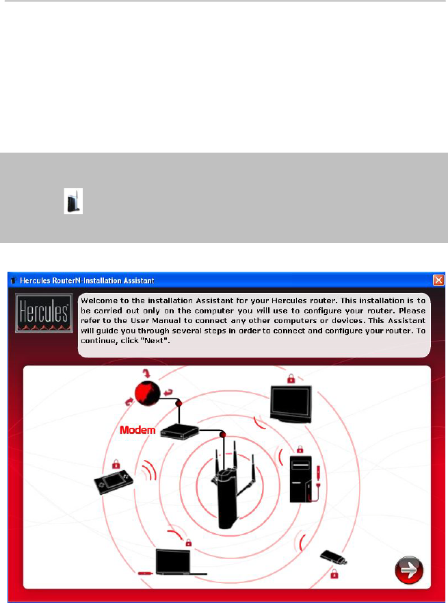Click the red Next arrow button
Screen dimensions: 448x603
click(x=409, y=569)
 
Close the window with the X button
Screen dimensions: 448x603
click(x=438, y=280)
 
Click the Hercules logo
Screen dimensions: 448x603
click(x=44, y=313)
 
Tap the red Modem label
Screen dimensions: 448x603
click(x=137, y=430)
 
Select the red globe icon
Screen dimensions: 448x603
click(x=148, y=394)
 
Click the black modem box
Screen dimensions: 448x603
click(x=179, y=432)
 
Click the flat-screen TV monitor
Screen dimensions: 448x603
click(x=291, y=404)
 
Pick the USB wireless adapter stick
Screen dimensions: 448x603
click(x=334, y=557)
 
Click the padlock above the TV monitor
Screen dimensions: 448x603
click(x=291, y=379)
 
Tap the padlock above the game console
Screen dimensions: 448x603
click(x=116, y=464)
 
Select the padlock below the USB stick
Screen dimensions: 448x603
click(x=334, y=574)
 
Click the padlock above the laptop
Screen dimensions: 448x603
click(x=188, y=543)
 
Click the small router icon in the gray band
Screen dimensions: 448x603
click(x=73, y=201)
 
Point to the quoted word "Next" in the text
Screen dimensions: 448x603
click(x=155, y=341)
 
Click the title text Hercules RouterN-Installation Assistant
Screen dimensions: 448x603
click(x=87, y=281)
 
